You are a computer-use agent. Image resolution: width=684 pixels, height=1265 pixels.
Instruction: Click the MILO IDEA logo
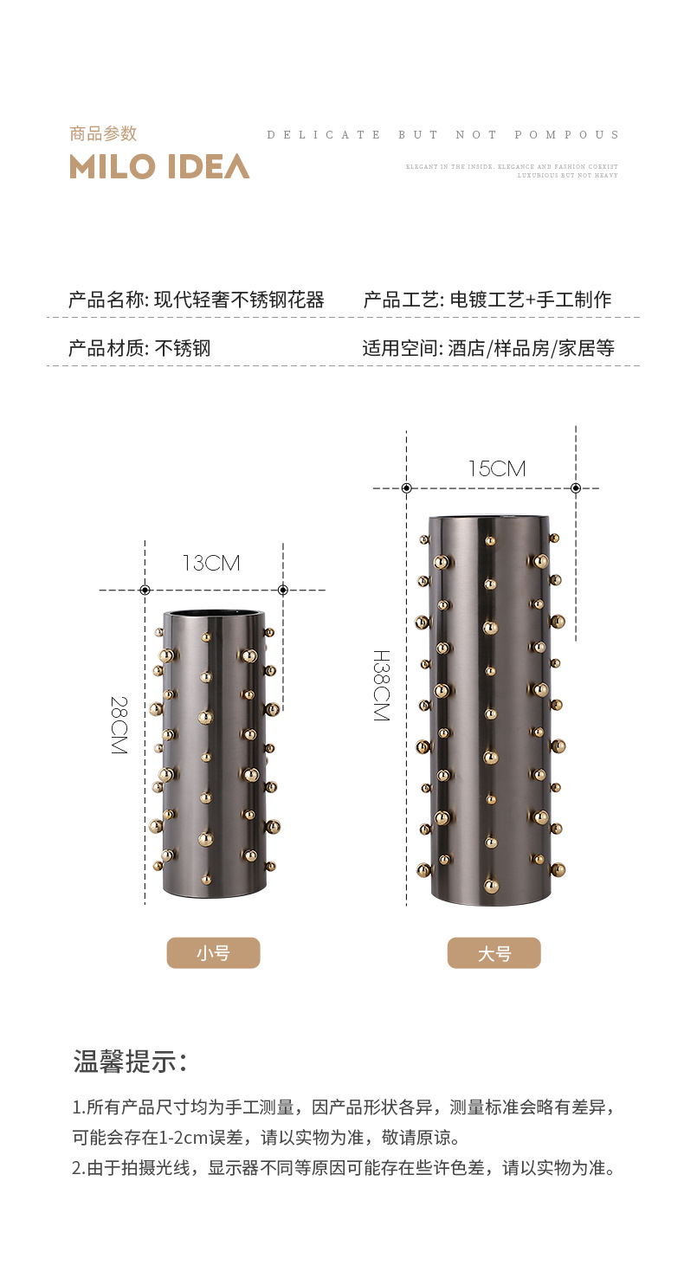(159, 166)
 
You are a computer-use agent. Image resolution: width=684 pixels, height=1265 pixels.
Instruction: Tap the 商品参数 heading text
(103, 133)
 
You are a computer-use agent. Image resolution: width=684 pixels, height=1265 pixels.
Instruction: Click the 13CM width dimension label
(210, 563)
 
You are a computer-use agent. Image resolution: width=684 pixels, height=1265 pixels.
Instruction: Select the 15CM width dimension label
(496, 468)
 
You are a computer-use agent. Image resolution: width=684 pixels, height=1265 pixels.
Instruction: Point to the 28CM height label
(119, 725)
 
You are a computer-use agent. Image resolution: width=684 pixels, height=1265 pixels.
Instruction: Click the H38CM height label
(381, 685)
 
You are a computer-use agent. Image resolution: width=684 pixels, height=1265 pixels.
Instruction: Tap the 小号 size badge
(213, 952)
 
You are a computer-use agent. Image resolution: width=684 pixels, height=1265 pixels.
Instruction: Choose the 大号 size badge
(494, 953)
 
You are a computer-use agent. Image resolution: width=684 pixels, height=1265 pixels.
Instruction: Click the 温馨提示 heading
(130, 1061)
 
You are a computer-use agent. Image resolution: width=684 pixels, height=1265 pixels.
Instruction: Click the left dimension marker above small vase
(145, 590)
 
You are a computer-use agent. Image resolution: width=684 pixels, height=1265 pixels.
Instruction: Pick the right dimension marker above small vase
(283, 590)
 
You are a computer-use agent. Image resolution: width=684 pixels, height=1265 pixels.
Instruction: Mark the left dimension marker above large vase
(406, 488)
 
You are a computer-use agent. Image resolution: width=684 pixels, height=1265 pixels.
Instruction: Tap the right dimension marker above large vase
(576, 488)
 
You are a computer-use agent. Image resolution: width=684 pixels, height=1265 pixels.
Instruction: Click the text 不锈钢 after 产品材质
(183, 349)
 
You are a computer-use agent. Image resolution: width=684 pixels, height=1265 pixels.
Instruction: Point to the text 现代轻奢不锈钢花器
(239, 300)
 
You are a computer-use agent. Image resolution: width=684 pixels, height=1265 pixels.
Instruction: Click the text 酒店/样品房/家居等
(531, 349)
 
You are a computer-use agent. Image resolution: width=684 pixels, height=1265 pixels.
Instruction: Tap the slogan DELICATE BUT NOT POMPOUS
(443, 135)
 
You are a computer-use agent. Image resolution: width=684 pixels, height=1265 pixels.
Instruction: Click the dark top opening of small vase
(214, 615)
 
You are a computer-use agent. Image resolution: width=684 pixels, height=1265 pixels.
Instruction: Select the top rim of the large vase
(490, 519)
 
